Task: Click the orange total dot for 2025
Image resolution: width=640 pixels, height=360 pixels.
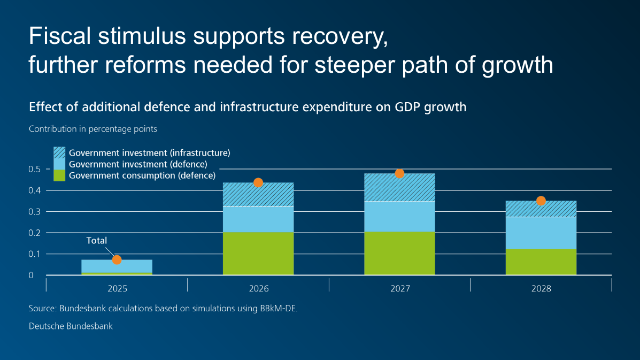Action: [x=117, y=260]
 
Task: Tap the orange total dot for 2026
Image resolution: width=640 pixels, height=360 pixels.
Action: [x=258, y=182]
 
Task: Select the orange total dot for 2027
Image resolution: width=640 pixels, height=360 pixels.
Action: [x=399, y=173]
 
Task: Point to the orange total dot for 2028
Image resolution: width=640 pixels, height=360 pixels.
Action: [x=541, y=201]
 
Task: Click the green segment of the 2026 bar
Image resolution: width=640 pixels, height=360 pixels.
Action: [x=258, y=254]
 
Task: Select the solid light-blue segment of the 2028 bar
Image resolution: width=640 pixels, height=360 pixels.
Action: [x=541, y=233]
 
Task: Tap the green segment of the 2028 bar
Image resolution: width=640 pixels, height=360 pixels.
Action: [x=541, y=262]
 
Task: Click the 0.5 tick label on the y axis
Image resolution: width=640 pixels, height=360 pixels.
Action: [x=35, y=169]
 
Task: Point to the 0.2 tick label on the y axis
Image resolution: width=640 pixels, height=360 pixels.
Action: [x=35, y=233]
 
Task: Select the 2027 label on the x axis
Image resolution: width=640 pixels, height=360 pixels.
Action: [x=399, y=289]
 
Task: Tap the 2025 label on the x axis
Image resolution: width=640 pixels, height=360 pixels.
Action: [x=117, y=289]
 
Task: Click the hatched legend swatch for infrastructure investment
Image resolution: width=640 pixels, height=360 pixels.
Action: [x=59, y=152]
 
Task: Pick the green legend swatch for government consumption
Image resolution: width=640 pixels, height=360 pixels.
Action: [x=59, y=175]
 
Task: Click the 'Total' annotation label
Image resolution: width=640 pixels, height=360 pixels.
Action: [x=97, y=241]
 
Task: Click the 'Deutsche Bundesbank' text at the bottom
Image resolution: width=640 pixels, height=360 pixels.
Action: [x=71, y=326]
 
